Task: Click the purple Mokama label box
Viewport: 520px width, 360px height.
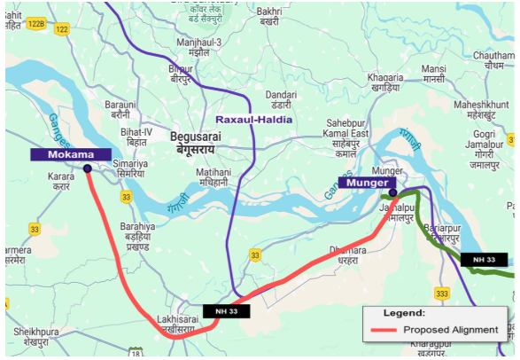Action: [x=71, y=154]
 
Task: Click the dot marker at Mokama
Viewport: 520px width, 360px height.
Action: [x=87, y=168]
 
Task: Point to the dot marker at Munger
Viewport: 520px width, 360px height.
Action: [x=392, y=192]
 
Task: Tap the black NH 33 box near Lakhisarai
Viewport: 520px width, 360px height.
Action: [x=227, y=310]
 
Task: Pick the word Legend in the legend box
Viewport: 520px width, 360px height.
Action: [x=404, y=313]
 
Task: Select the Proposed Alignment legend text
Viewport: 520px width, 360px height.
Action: [x=451, y=330]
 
